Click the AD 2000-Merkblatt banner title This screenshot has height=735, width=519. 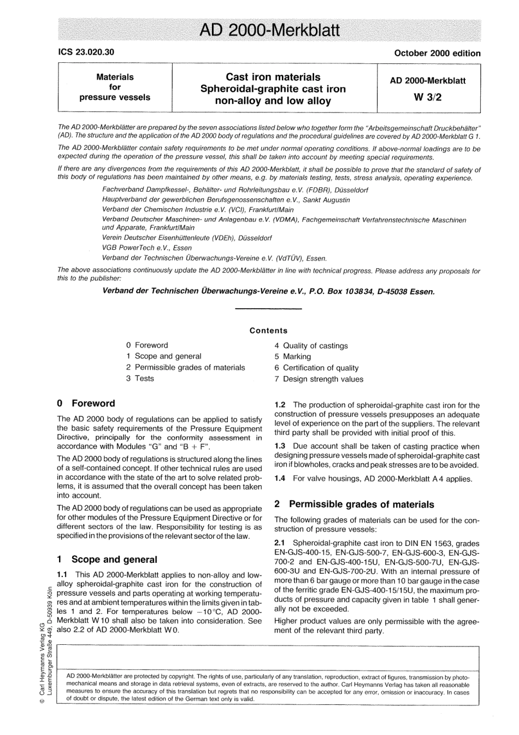pyautogui.click(x=270, y=30)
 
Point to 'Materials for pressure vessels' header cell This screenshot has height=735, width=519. pyautogui.click(x=115, y=87)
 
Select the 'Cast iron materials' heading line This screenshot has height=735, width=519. pyautogui.click(x=273, y=77)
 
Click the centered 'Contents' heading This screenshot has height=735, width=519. pyautogui.click(x=268, y=331)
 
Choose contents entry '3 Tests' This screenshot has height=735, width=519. pyautogui.click(x=140, y=379)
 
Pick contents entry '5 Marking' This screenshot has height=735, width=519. pyautogui.click(x=293, y=357)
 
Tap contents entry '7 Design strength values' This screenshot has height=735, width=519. pyautogui.click(x=319, y=379)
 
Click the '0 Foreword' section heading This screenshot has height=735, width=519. pyautogui.click(x=86, y=403)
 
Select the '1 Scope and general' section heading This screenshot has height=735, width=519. pyautogui.click(x=107, y=560)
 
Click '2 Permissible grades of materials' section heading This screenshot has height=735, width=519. pyautogui.click(x=354, y=504)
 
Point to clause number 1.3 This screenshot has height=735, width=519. pyautogui.click(x=280, y=446)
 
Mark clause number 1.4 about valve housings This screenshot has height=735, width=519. pyautogui.click(x=280, y=479)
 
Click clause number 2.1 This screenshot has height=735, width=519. pyautogui.click(x=280, y=543)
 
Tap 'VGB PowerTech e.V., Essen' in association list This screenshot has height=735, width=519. pyautogui.click(x=147, y=248)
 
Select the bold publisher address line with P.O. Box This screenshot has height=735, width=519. pyautogui.click(x=268, y=291)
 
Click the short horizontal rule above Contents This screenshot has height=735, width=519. pyautogui.click(x=268, y=310)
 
